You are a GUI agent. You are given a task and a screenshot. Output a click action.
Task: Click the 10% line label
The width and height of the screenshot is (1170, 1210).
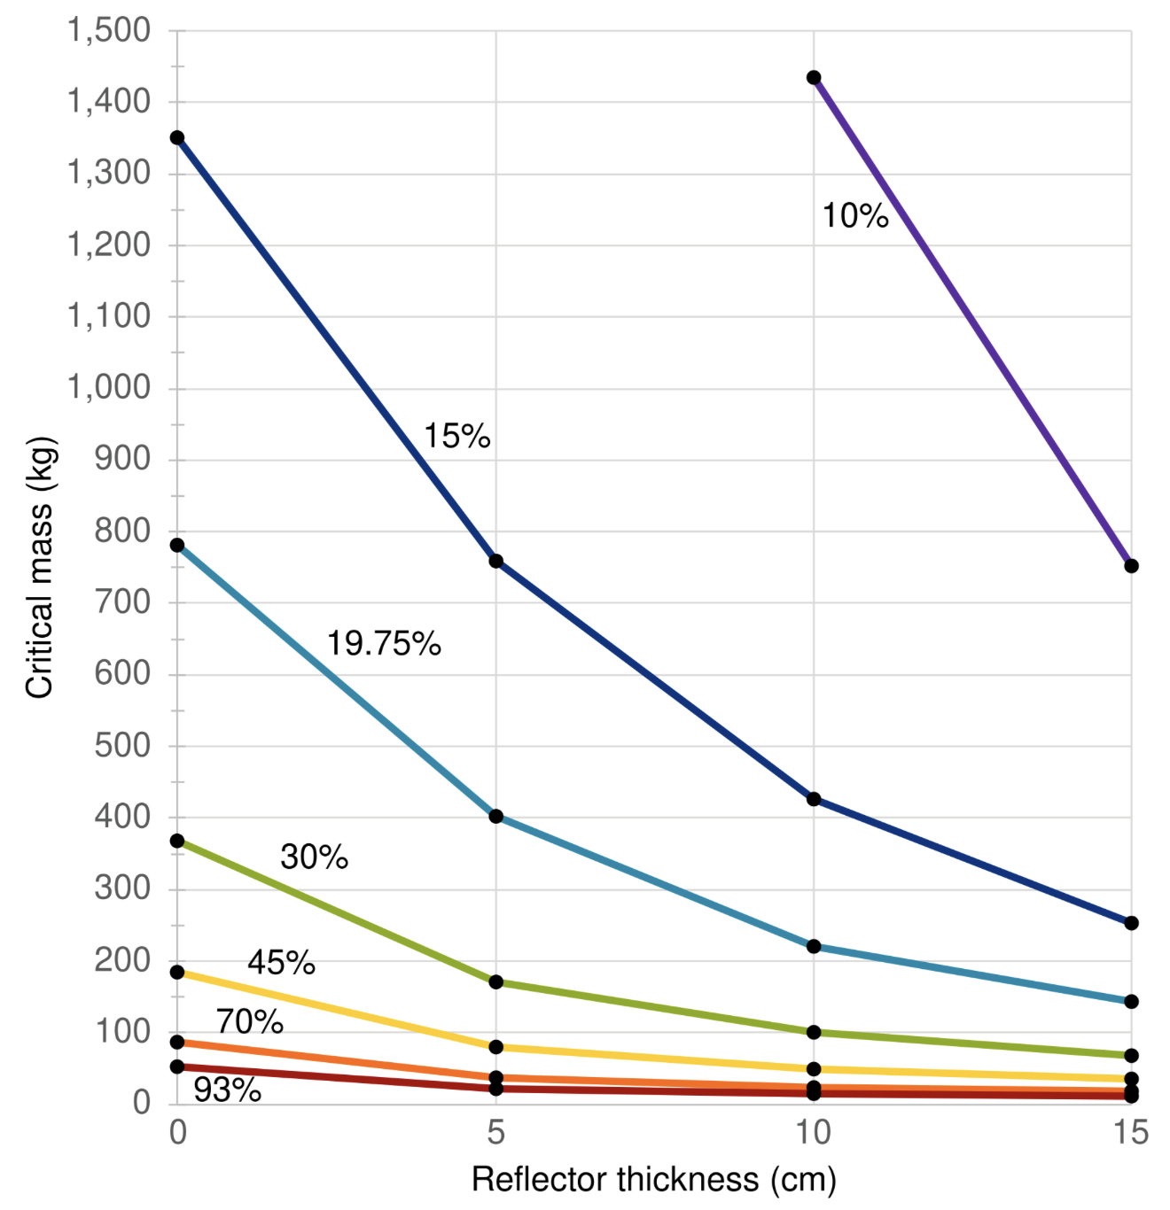pos(854,215)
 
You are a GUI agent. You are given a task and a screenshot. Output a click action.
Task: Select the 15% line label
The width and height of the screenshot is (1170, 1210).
pos(456,436)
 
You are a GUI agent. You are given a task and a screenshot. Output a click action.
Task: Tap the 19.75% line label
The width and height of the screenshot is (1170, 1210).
pos(384,643)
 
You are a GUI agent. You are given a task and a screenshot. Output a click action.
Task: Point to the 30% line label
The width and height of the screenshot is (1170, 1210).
pos(314,857)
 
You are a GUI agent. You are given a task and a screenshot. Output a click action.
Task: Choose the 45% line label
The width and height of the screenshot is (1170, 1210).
pos(281,962)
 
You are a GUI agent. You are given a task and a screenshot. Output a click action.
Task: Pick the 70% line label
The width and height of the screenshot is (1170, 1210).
pos(250,1022)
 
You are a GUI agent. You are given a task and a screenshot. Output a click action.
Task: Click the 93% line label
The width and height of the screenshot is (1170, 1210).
pos(227,1090)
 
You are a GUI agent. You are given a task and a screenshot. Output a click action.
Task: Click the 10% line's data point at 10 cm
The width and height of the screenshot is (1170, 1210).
pos(814,78)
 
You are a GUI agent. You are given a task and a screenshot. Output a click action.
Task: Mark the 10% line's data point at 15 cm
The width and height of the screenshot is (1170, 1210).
pos(1131,566)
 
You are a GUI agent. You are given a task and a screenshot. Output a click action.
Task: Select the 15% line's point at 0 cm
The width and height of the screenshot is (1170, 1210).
pos(177,137)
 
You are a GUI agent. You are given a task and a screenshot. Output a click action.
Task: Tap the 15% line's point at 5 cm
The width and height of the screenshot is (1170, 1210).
pos(496,561)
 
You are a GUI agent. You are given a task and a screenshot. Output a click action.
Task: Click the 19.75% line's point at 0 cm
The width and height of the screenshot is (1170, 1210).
pos(177,545)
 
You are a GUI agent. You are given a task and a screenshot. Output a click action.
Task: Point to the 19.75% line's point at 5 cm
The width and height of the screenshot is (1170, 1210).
pos(496,816)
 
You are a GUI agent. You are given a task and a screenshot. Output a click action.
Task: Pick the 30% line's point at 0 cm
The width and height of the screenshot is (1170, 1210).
pos(177,841)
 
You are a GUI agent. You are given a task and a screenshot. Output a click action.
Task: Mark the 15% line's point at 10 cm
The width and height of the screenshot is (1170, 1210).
pos(814,799)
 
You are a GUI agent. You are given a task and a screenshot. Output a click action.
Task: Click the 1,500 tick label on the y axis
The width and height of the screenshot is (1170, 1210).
pos(109,30)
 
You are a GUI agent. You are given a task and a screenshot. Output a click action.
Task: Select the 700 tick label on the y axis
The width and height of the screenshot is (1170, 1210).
pos(122,602)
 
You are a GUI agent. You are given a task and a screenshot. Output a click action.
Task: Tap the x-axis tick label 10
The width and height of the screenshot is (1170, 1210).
pos(813,1132)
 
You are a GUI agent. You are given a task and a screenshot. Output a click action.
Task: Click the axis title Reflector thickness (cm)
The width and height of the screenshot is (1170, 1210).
pos(653,1180)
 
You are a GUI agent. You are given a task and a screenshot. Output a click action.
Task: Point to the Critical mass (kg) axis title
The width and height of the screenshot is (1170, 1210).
pos(40,567)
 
